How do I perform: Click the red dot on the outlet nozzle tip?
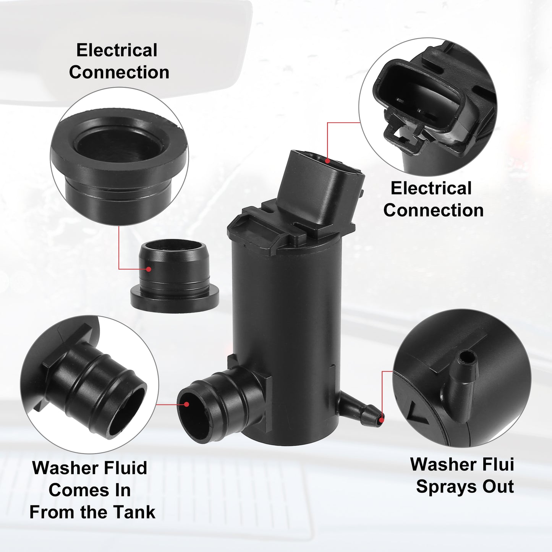[x=381, y=420]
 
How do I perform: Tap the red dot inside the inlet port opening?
[x=186, y=404]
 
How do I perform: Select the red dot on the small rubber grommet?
[x=148, y=269]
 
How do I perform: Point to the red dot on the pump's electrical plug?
[x=327, y=161]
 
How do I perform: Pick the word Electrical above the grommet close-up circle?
[x=117, y=50]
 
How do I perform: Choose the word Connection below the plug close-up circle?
[x=434, y=210]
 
